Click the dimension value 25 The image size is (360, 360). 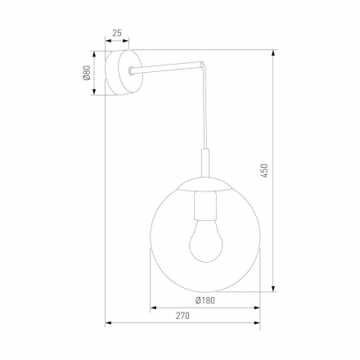[x=116, y=33]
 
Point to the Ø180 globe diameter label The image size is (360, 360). [x=205, y=300]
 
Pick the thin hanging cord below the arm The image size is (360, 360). [x=202, y=115]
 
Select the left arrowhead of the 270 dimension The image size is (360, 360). [x=110, y=323]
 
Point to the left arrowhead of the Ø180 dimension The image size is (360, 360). [x=152, y=308]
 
